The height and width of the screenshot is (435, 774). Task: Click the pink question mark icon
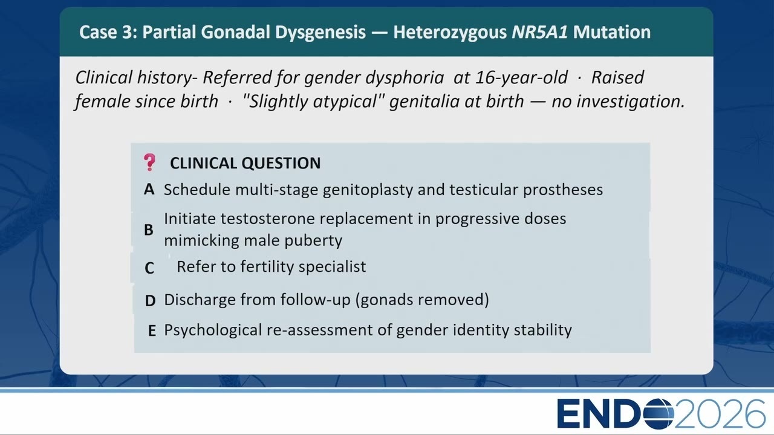[x=149, y=163]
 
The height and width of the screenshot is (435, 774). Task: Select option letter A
[x=149, y=190]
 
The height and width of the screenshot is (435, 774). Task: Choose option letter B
[x=149, y=230]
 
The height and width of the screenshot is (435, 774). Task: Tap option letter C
[x=149, y=268]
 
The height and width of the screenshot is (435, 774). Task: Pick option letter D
[x=151, y=301]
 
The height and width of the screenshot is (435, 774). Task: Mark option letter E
[x=152, y=330]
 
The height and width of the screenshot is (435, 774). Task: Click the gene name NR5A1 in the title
[x=539, y=32]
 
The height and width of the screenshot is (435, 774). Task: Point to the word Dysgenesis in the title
[x=320, y=33]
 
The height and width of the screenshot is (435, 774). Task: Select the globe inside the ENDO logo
[x=659, y=414]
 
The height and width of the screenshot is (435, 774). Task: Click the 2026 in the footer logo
[x=720, y=414]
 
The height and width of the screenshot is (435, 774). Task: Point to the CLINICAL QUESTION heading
[x=246, y=163]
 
